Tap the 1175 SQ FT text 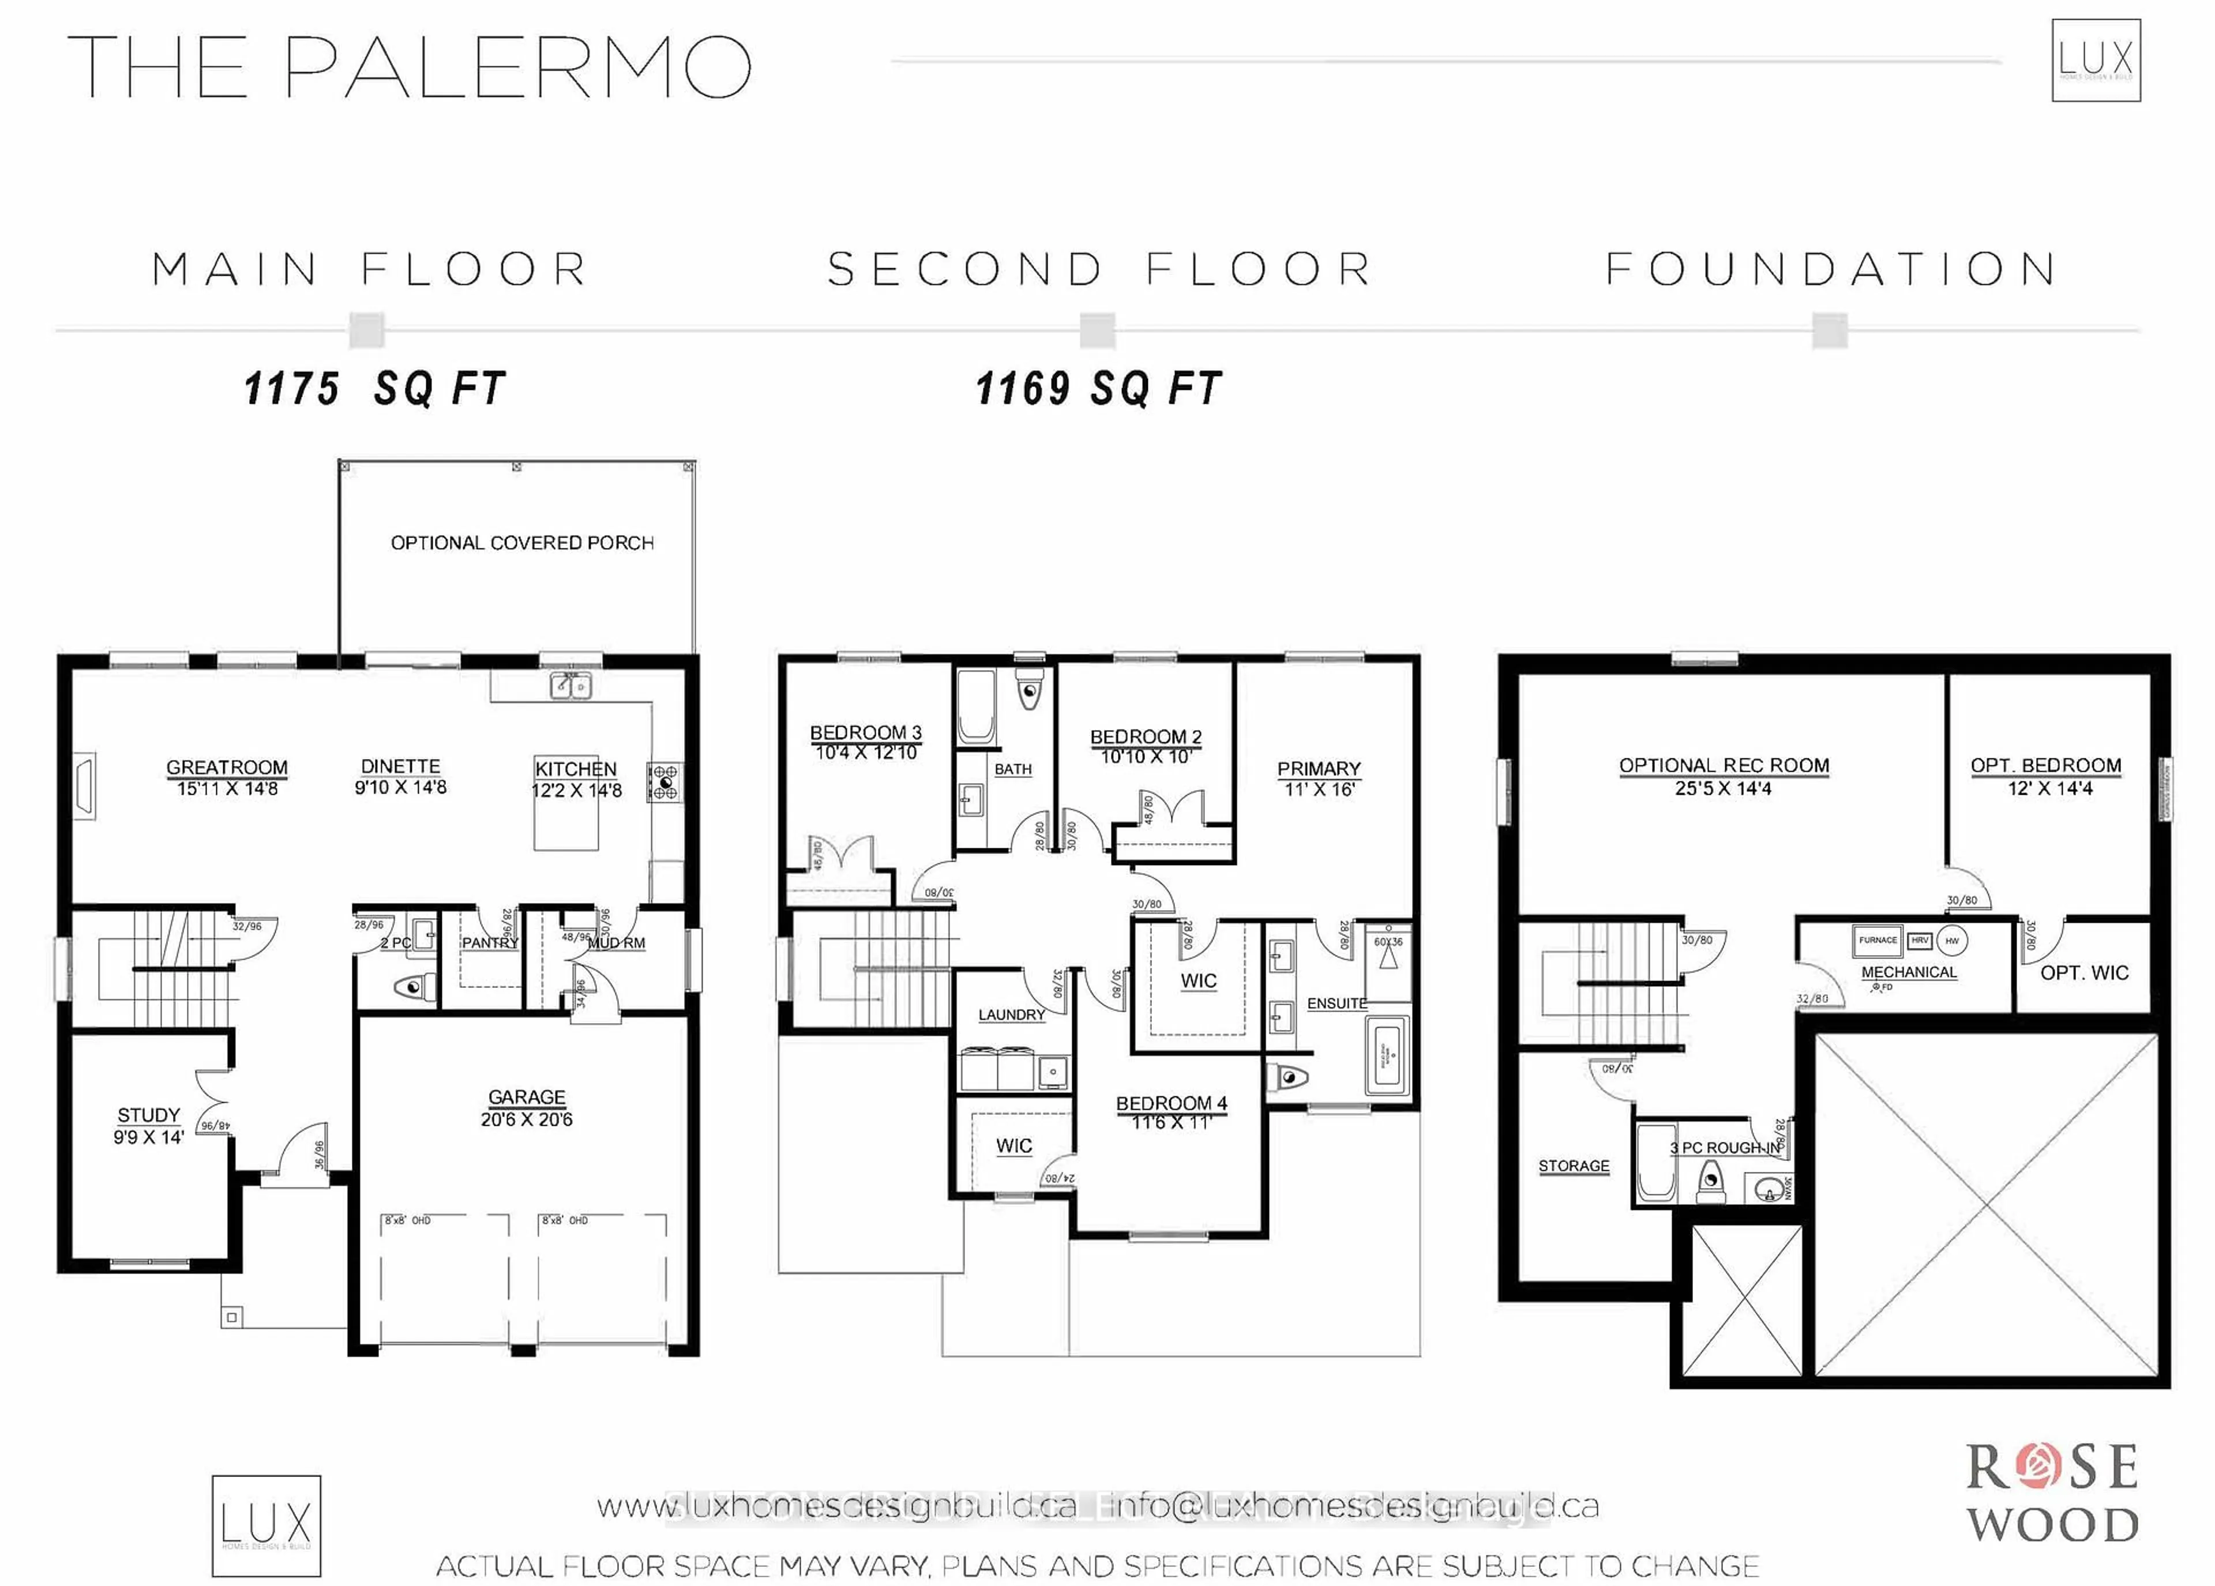point(374,389)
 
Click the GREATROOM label point(227,768)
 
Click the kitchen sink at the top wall point(570,686)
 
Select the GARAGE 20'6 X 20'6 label point(527,1107)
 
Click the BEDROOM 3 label point(865,732)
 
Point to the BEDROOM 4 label point(1171,1103)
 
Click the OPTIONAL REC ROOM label point(1724,766)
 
